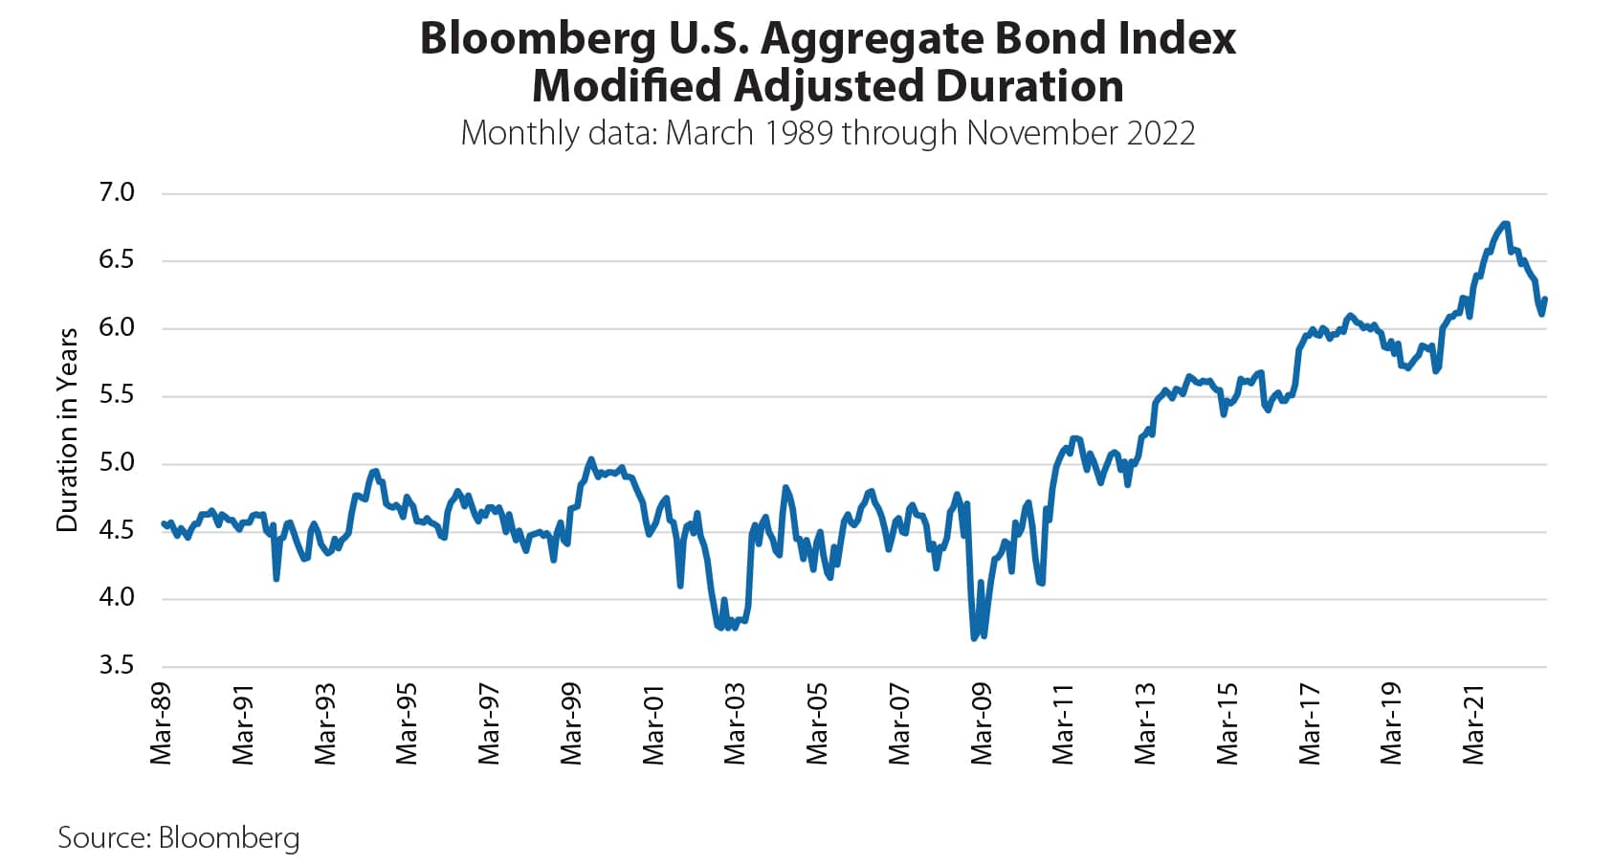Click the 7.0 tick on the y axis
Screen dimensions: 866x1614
[x=117, y=193]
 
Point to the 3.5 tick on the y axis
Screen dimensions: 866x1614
[x=117, y=666]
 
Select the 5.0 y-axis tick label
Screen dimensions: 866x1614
[x=117, y=463]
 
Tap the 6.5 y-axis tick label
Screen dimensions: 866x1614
[x=117, y=260]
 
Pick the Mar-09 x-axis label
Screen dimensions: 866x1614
[x=981, y=723]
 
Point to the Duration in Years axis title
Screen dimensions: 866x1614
[x=67, y=430]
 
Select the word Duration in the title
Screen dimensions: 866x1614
[x=1029, y=86]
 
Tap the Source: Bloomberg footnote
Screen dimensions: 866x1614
[x=179, y=837]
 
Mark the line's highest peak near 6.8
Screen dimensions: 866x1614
[x=1506, y=224]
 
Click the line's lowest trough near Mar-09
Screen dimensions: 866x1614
[x=974, y=637]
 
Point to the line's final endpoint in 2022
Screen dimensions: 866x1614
[x=1545, y=300]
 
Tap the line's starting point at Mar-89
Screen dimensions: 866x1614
[x=163, y=522]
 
